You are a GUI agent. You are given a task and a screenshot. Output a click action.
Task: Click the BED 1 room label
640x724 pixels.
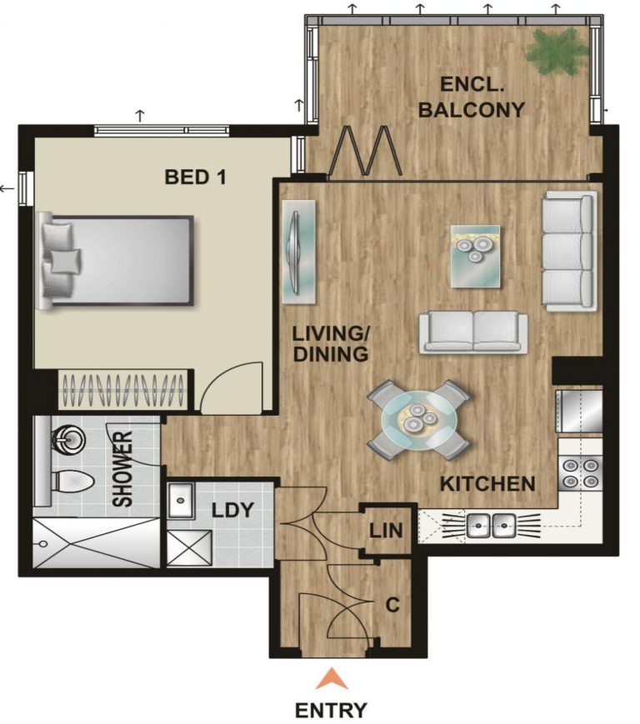(195, 177)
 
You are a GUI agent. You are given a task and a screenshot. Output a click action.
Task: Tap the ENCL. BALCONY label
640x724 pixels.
(472, 97)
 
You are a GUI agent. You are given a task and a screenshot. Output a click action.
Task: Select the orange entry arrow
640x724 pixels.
(332, 679)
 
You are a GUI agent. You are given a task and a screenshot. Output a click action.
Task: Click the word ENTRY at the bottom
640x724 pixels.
(331, 710)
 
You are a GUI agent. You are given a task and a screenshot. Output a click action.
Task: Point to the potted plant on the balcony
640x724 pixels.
(557, 50)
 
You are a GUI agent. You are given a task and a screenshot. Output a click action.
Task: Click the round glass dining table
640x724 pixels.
(419, 420)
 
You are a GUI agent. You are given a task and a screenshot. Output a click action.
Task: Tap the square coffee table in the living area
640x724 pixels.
(476, 257)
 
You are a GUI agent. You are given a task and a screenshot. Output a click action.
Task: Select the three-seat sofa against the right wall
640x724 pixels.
(569, 251)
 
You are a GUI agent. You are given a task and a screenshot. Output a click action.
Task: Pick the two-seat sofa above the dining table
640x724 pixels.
(473, 332)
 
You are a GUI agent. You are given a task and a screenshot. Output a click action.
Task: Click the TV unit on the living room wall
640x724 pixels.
(299, 252)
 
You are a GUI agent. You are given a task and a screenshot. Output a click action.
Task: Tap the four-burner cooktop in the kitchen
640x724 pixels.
(581, 473)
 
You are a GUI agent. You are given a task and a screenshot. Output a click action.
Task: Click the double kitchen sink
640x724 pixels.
(491, 526)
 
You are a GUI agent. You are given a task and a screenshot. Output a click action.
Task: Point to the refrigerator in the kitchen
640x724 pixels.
(579, 411)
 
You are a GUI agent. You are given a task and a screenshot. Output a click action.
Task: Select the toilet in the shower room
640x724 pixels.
(72, 482)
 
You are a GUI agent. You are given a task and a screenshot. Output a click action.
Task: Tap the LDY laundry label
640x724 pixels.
(232, 510)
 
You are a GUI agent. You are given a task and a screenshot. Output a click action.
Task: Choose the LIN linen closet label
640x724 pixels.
(386, 531)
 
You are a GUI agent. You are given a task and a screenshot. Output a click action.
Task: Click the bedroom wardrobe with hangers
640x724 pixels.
(123, 390)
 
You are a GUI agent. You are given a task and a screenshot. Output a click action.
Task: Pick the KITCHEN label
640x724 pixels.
(487, 484)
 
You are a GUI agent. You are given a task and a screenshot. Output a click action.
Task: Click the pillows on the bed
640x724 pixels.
(60, 260)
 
